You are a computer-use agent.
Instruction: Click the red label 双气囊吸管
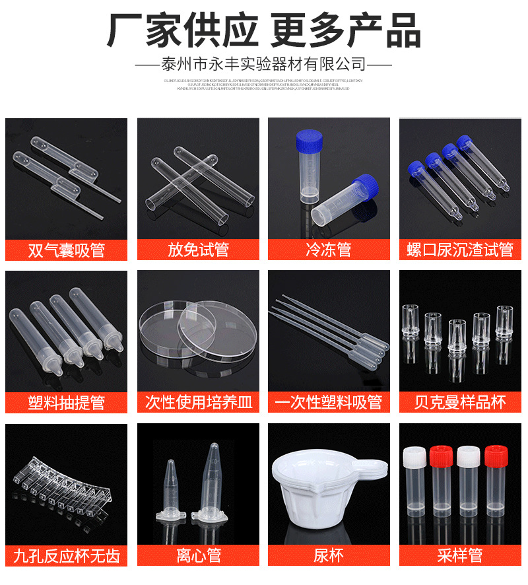66,250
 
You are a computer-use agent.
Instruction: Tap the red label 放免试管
198,250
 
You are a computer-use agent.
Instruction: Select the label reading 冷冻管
329,250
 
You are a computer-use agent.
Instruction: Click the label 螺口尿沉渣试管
460,250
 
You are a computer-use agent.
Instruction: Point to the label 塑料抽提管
66,402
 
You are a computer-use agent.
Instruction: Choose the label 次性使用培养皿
198,402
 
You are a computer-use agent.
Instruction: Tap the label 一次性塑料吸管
329,402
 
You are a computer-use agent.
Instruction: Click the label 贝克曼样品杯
460,402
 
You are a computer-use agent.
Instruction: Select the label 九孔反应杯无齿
66,555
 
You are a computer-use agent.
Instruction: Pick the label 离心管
198,555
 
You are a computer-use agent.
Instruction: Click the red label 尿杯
329,555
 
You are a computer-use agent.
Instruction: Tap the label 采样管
460,555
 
